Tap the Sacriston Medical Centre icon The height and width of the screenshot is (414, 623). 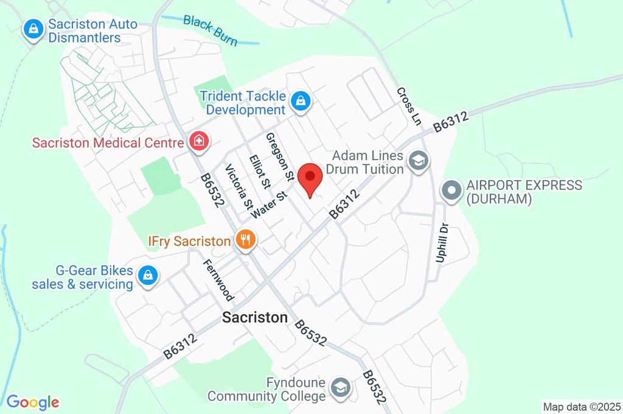[x=198, y=142]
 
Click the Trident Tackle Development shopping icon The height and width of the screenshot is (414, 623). [x=300, y=102]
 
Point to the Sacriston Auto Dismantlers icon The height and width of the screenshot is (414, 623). [x=33, y=29]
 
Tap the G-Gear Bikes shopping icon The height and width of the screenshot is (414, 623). [x=147, y=276]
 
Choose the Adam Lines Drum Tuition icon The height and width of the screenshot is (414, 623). [x=419, y=161]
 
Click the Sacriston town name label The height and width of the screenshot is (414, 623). [x=255, y=317]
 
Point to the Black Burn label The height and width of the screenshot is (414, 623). [x=211, y=30]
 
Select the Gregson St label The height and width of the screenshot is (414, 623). [x=280, y=158]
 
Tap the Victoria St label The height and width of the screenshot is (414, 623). [x=238, y=186]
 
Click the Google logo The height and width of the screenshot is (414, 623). [x=32, y=402]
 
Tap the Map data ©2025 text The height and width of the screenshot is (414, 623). [x=582, y=406]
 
